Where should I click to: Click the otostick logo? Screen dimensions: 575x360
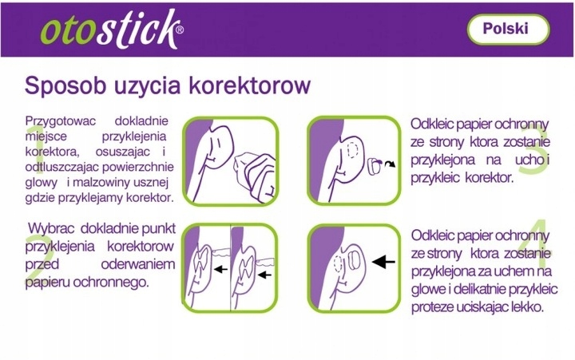coord(112,30)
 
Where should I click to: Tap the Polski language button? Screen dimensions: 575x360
coord(508,29)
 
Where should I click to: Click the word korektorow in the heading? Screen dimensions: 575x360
coord(250,85)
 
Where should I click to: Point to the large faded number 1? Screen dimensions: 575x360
coord(36,149)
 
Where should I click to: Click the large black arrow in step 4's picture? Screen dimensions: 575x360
coord(383,261)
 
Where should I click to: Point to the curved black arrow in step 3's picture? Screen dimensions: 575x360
coord(391,164)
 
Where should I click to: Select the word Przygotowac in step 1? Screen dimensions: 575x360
coord(61,121)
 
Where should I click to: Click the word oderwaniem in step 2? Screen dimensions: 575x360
coord(138,264)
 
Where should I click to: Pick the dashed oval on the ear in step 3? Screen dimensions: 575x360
coord(353,150)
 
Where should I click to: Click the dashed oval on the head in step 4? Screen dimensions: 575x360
coord(338,263)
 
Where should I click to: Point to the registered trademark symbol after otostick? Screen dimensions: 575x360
coord(180,30)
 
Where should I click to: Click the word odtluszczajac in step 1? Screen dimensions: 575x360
coord(62,167)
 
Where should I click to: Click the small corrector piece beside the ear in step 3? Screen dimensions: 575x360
coord(374,165)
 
